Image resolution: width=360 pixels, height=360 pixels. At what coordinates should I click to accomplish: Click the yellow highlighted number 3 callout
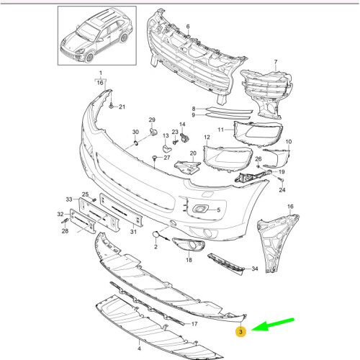pos(240,332)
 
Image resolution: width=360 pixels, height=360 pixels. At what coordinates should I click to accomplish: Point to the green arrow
pos(272,325)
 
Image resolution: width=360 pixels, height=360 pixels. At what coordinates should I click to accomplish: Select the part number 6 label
pos(188,27)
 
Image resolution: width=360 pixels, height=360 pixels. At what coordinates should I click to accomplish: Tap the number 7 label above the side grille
pos(276,62)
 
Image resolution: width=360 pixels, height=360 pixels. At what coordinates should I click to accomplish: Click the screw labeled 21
pos(111,106)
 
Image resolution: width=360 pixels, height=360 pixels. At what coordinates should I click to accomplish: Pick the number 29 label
pos(152,120)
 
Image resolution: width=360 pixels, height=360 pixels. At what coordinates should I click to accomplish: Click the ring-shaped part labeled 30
pos(136,143)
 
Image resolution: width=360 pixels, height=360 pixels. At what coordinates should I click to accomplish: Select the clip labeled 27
pos(154,158)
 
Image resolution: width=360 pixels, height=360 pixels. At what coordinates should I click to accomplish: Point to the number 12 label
pos(207,137)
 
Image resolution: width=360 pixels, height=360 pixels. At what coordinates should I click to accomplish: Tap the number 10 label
pos(289,142)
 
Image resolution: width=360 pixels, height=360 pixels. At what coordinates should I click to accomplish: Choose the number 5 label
pos(219,210)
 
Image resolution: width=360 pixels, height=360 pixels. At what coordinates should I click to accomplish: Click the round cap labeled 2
pos(156,234)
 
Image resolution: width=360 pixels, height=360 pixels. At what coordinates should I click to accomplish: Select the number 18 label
pos(189,260)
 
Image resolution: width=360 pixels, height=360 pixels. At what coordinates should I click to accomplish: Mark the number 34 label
pos(255,269)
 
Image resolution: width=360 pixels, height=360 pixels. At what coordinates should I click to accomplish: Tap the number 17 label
pos(194,324)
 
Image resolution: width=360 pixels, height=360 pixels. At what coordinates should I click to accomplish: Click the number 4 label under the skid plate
pos(139,348)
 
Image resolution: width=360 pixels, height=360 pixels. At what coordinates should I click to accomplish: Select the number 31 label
pos(133,232)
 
